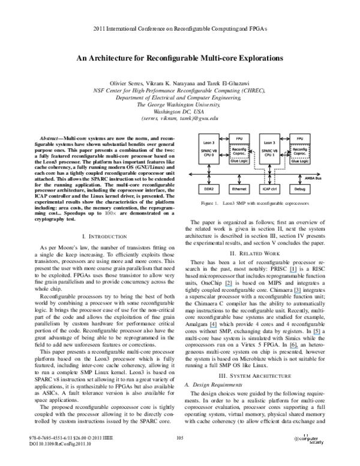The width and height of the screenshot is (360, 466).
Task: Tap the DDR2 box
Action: tap(209, 189)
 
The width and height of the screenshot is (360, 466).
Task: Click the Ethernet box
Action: tap(239, 189)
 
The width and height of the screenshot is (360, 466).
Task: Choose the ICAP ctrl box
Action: tap(270, 189)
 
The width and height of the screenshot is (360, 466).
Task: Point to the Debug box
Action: tap(300, 189)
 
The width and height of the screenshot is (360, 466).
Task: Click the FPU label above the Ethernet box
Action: tap(239, 138)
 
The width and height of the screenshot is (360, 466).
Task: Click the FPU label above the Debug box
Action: tap(300, 138)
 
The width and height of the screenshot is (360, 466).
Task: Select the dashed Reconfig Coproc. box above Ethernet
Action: tap(239, 150)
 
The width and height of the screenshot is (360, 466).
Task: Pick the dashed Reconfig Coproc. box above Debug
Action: tap(300, 150)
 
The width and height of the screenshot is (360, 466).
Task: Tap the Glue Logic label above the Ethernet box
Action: tap(239, 161)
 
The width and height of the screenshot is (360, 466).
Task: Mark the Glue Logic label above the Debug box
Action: tap(300, 161)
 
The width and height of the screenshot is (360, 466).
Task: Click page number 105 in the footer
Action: tap(179, 438)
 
